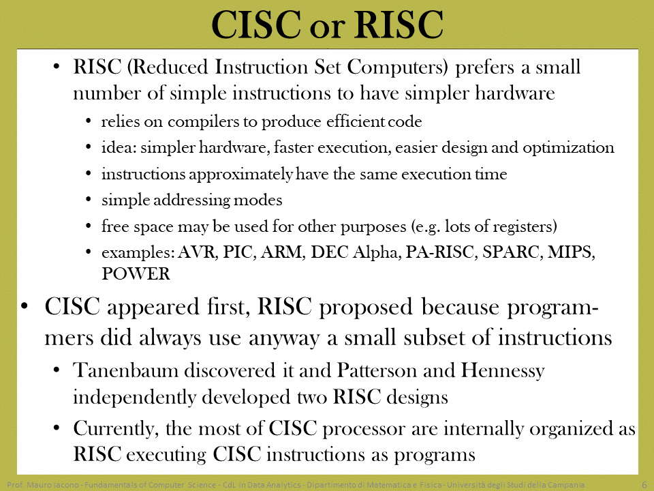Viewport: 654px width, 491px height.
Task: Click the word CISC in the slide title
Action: click(x=256, y=25)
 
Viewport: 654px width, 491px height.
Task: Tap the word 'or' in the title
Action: click(x=327, y=27)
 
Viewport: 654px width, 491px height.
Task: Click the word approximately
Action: click(x=241, y=174)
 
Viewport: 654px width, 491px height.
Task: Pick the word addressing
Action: click(x=191, y=200)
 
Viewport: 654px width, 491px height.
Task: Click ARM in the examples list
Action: click(x=282, y=252)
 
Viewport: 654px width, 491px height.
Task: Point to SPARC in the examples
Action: click(x=512, y=252)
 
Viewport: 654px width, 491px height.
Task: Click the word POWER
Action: click(x=136, y=274)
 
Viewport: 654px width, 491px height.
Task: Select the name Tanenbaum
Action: click(x=126, y=370)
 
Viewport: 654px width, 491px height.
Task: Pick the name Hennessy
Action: click(x=502, y=371)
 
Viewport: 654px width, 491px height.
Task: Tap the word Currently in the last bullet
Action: click(x=114, y=429)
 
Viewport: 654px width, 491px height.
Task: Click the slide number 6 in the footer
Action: click(x=644, y=485)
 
